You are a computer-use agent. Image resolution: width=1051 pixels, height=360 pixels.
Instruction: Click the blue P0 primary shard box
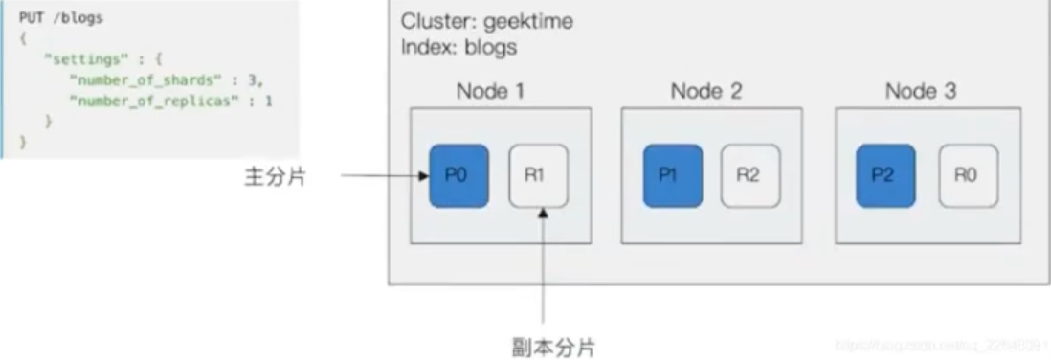(x=458, y=176)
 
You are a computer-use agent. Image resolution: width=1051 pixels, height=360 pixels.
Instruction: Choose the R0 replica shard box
(x=967, y=176)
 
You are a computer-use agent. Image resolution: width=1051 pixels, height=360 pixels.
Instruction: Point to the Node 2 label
(x=706, y=92)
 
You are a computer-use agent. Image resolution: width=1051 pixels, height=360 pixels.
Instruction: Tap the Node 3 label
(x=921, y=92)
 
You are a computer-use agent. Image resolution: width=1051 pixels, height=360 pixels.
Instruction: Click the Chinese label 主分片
(x=271, y=177)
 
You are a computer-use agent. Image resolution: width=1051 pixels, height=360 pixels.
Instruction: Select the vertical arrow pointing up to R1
(x=544, y=268)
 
